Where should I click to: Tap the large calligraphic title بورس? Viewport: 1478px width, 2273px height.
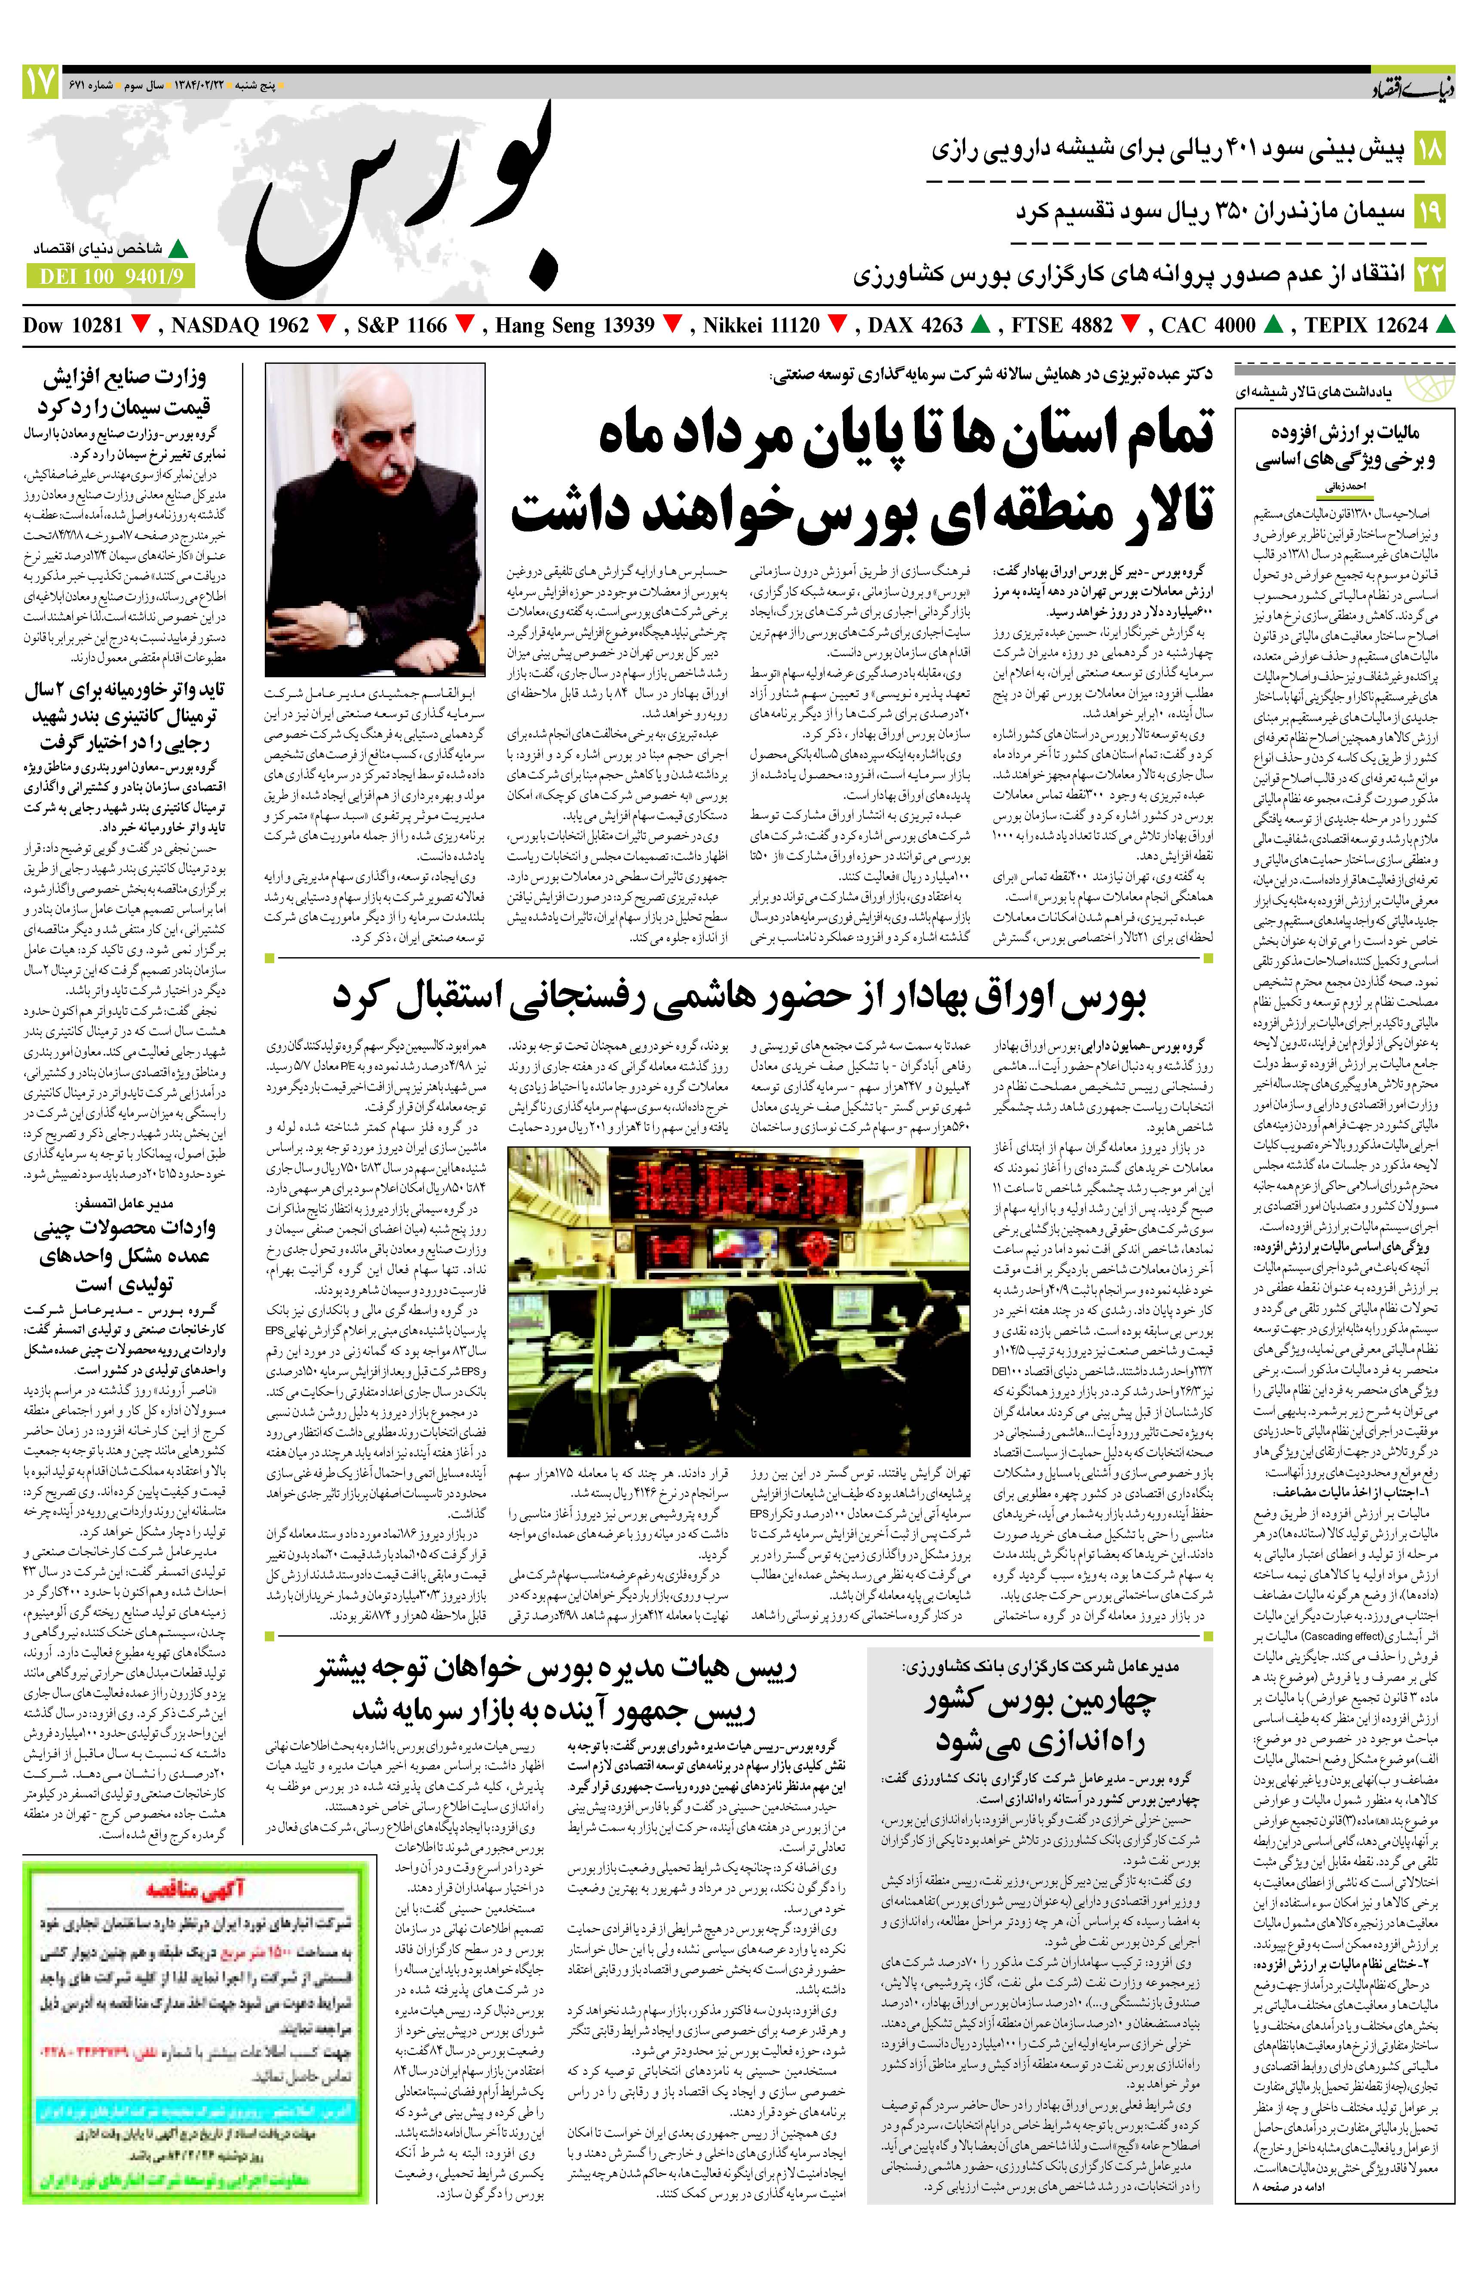[401, 200]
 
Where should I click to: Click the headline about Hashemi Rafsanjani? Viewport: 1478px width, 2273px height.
[740, 997]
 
